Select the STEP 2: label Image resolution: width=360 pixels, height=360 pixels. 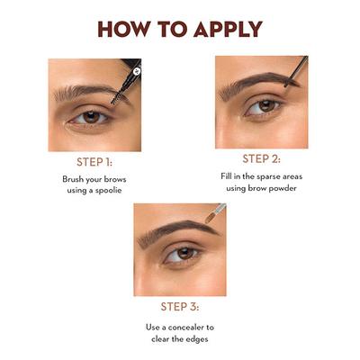pos(261,158)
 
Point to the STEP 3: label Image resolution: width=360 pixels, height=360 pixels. pos(179,305)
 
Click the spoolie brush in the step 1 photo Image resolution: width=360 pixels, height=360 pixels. pos(127,80)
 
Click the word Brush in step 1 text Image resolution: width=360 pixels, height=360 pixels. pos(76,179)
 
